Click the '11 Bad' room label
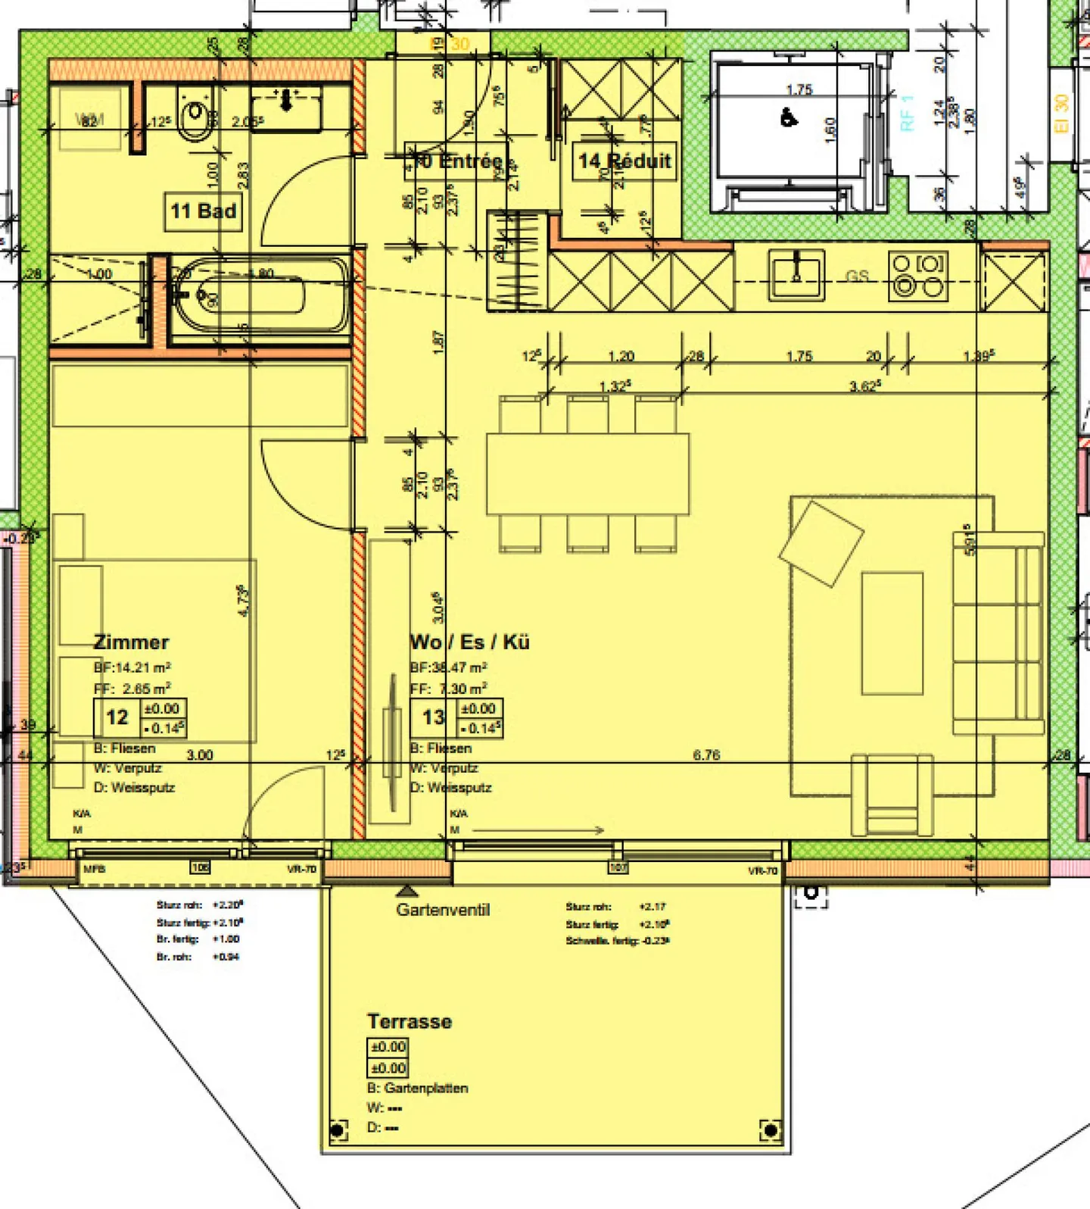pyautogui.click(x=203, y=211)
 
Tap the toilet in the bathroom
pyautogui.click(x=195, y=116)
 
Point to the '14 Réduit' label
pyautogui.click(x=624, y=161)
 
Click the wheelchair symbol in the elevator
pyautogui.click(x=788, y=118)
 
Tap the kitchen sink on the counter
pyautogui.click(x=796, y=276)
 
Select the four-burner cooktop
pyautogui.click(x=918, y=276)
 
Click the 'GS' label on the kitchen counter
pyautogui.click(x=857, y=276)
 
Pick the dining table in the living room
pyautogui.click(x=587, y=474)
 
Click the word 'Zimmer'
pyautogui.click(x=131, y=642)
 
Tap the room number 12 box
pyautogui.click(x=117, y=717)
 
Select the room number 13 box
pyautogui.click(x=433, y=717)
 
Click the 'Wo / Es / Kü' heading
pyautogui.click(x=469, y=642)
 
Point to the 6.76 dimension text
pyautogui.click(x=706, y=754)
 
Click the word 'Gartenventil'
pyautogui.click(x=443, y=910)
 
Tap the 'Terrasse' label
pyautogui.click(x=410, y=1022)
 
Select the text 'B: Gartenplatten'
pyautogui.click(x=418, y=1088)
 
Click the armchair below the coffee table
pyautogui.click(x=892, y=794)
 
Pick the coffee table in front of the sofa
pyautogui.click(x=892, y=633)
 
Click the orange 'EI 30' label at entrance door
pyautogui.click(x=452, y=45)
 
